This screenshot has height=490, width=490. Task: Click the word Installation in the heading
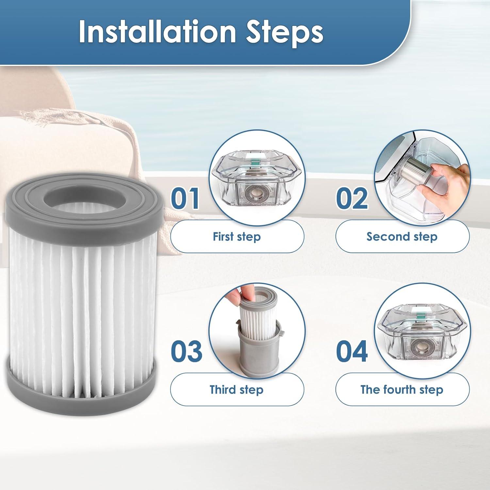coord(157,32)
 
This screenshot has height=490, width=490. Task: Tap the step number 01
coord(185,198)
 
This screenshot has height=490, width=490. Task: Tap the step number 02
coord(352,198)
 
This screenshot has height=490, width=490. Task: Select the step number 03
coord(186,351)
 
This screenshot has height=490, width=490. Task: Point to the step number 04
coord(352,351)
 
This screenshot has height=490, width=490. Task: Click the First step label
coord(237,237)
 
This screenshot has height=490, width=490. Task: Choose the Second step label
coord(402,237)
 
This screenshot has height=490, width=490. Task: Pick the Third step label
coord(237,389)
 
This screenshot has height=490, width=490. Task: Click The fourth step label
coord(402,389)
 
